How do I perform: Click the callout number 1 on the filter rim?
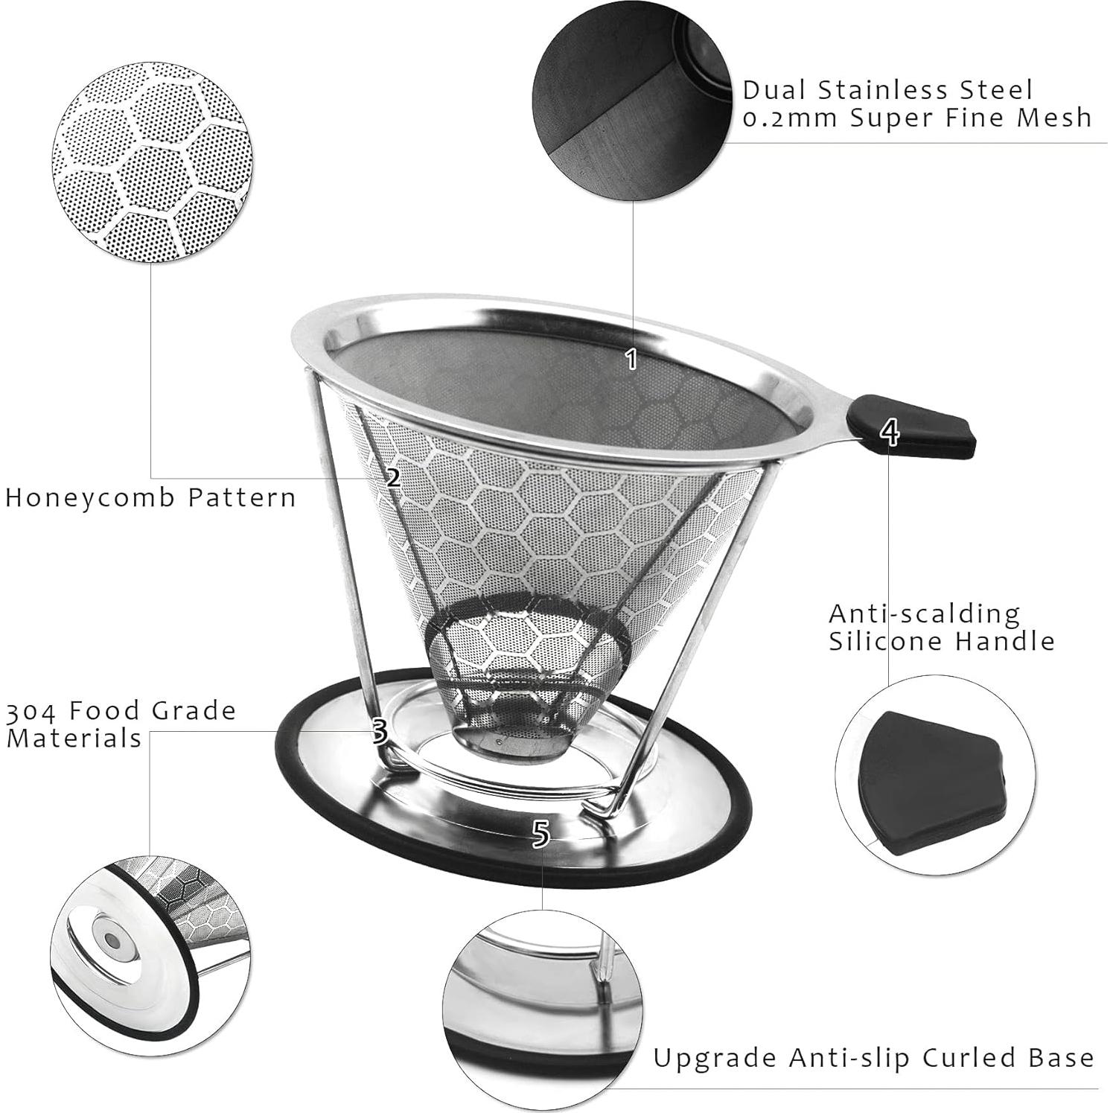[631, 359]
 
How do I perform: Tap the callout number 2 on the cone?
[393, 476]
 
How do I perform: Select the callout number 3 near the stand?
[379, 732]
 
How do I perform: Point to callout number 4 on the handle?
[889, 433]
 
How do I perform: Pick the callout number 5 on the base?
[541, 834]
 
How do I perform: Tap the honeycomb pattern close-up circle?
[153, 164]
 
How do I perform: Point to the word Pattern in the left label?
[241, 497]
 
